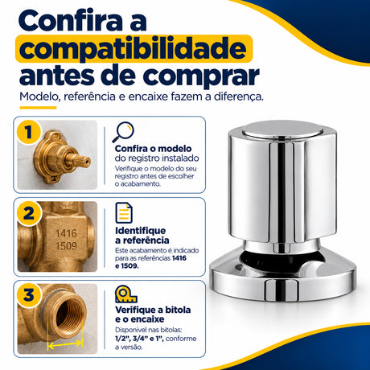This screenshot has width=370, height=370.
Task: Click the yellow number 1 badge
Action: (29, 133)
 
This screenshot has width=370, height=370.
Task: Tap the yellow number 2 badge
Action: (29, 214)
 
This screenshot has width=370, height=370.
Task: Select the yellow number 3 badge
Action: (29, 295)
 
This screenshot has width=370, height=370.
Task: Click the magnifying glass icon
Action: (123, 132)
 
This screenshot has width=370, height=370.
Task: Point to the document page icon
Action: (124, 213)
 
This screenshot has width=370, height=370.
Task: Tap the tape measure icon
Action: (125, 294)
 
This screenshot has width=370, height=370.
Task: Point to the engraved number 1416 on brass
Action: (66, 233)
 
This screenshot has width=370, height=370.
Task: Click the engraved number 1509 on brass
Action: (66, 246)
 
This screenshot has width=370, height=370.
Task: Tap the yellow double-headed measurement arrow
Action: (65, 343)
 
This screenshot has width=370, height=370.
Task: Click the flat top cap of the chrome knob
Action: (284, 130)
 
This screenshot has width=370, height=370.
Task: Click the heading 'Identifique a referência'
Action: (142, 236)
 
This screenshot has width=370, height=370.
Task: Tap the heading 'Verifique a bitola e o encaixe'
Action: (153, 314)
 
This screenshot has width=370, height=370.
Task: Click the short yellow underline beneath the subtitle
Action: (38, 108)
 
